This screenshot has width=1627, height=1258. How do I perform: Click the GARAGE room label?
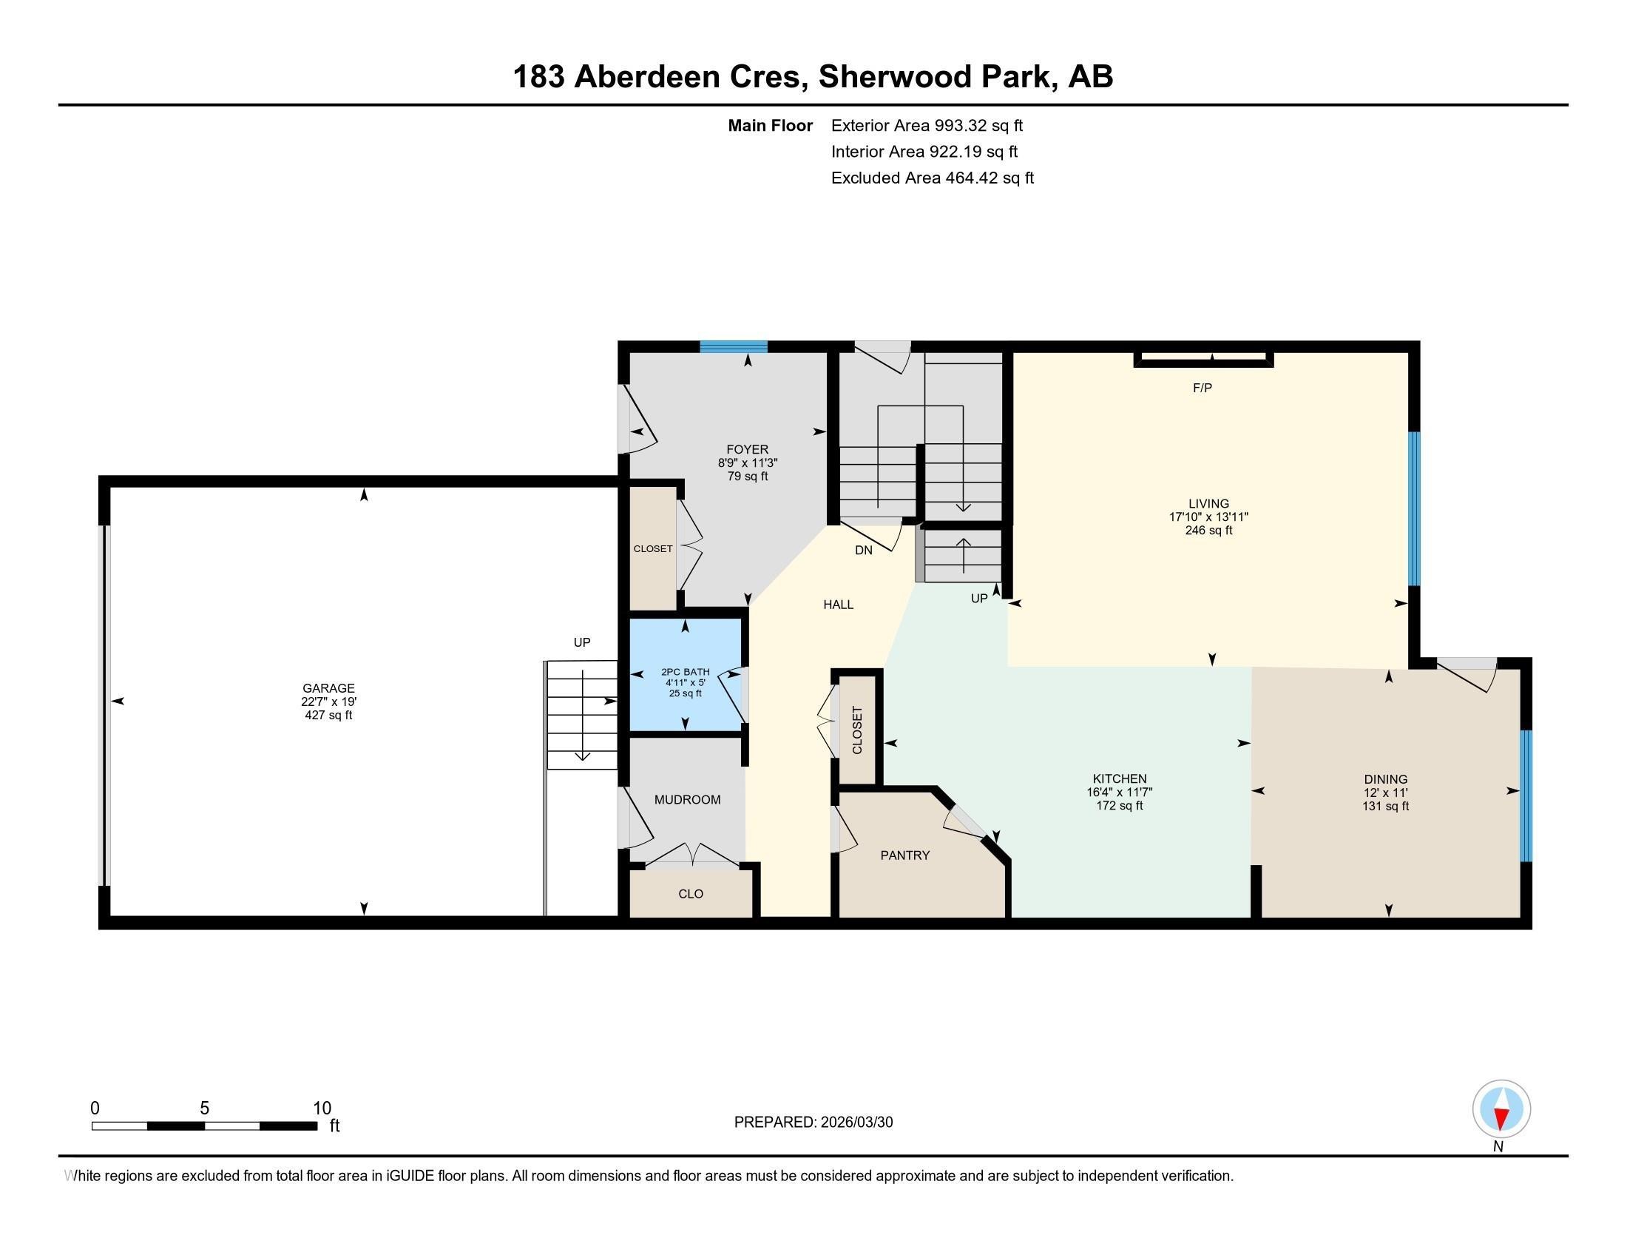(x=328, y=688)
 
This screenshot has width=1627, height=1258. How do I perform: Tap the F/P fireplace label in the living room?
(x=1203, y=388)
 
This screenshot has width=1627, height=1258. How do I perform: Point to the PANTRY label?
(x=905, y=855)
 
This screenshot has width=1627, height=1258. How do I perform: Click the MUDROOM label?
(x=687, y=800)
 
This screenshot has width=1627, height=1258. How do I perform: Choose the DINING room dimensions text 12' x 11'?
(x=1386, y=793)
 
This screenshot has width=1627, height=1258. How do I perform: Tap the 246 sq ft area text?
(x=1208, y=531)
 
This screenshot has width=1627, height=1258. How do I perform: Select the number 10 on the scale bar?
(x=322, y=1108)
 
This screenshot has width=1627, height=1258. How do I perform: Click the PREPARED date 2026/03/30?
(x=855, y=1123)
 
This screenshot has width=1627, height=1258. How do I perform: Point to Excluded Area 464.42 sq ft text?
(x=932, y=178)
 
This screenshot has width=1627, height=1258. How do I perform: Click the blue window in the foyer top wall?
(x=733, y=346)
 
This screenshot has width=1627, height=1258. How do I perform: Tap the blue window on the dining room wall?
(x=1525, y=795)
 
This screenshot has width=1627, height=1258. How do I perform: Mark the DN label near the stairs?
(x=863, y=550)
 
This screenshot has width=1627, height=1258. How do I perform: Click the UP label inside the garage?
(x=582, y=642)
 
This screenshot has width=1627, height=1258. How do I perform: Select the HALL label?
(x=838, y=605)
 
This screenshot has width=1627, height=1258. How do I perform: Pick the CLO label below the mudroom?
(x=691, y=894)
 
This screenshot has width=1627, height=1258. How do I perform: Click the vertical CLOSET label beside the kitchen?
(x=856, y=730)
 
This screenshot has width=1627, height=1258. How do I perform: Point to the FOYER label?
(x=747, y=449)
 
